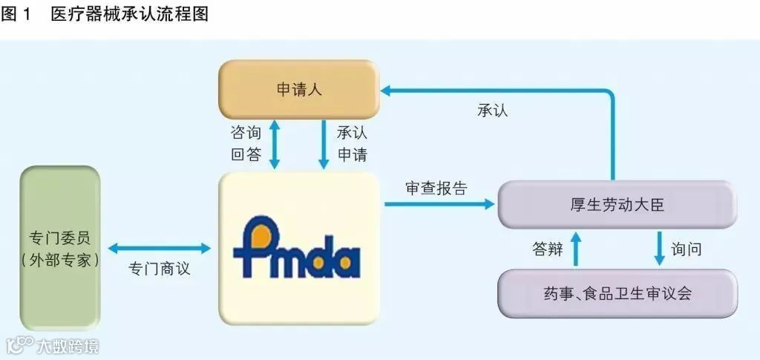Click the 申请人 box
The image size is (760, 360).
click(298, 90)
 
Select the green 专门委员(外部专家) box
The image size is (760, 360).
click(60, 249)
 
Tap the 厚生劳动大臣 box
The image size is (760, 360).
click(617, 205)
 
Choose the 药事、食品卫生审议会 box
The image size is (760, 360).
click(617, 293)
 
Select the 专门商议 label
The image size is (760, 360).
click(160, 269)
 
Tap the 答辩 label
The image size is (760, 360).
click(548, 249)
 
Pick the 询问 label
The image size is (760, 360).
click(686, 249)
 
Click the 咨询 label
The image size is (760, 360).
click(246, 133)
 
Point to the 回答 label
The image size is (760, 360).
click(246, 155)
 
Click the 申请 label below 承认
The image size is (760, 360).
click(352, 155)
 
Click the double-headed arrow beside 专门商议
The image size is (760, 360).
click(160, 249)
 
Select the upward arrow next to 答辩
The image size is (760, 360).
click(575, 249)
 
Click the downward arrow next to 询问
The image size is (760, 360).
click(659, 249)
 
